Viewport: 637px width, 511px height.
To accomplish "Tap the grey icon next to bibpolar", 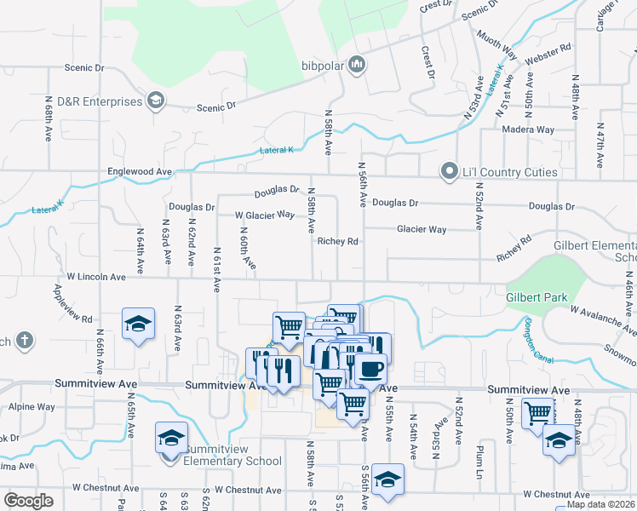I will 357,64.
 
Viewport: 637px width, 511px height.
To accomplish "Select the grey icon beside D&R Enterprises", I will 155,102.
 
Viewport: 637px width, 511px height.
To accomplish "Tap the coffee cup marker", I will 370,370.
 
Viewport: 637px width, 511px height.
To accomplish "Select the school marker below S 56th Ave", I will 387,479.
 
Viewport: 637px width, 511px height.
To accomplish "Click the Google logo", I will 28,501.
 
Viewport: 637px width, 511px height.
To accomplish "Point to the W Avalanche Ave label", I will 603,321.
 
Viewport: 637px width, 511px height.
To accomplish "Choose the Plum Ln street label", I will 481,456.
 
